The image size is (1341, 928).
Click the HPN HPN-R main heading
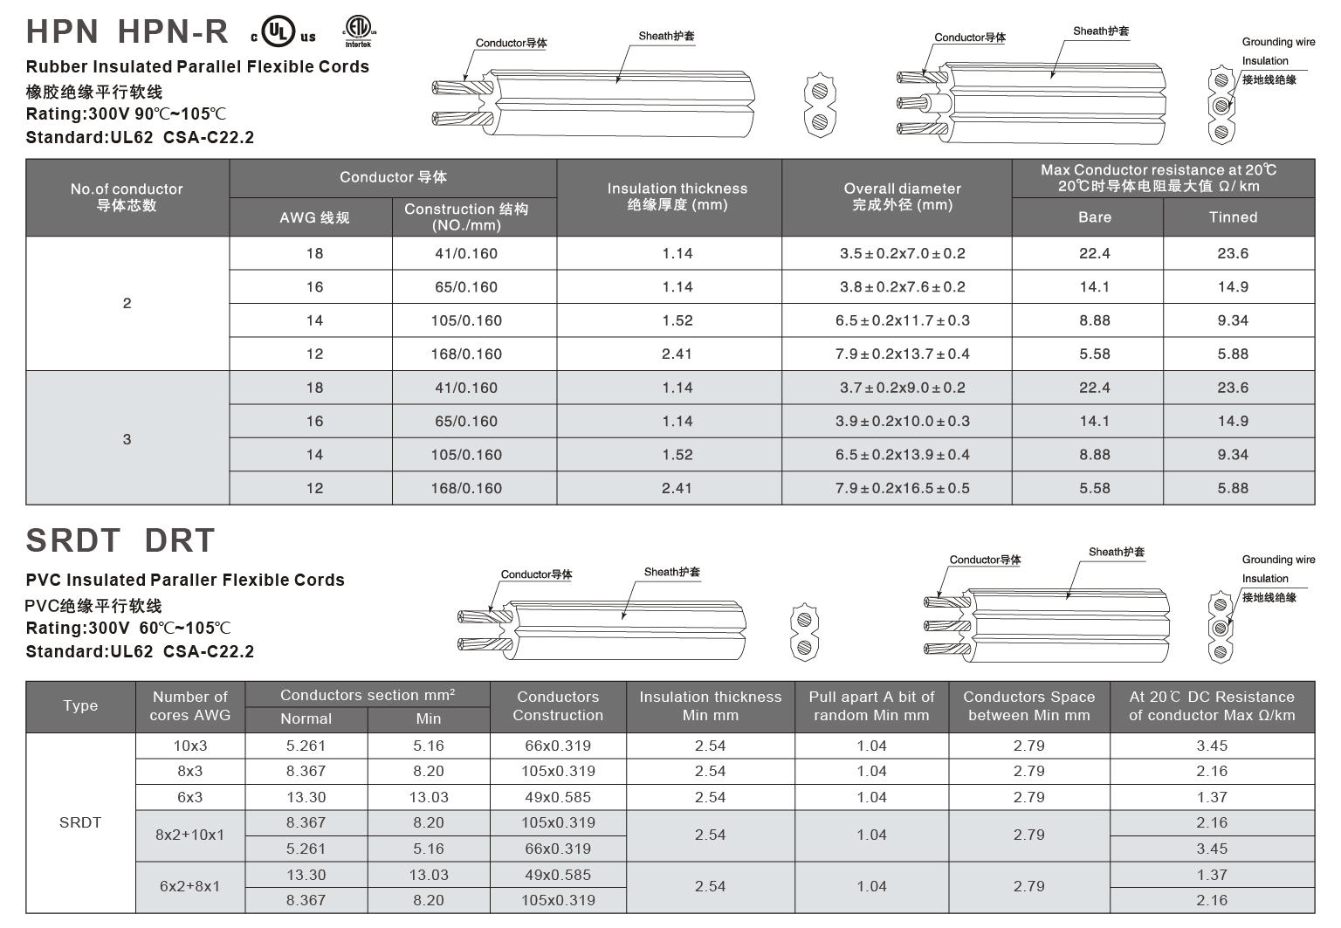tap(127, 31)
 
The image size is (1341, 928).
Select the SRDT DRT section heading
tap(120, 540)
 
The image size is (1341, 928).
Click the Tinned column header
tap(1233, 217)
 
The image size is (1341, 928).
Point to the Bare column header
tap(1094, 217)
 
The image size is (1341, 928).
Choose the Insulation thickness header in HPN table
tap(677, 196)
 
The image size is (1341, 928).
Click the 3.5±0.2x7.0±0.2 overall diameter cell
tap(902, 253)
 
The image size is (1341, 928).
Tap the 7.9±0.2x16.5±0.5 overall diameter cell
tap(902, 488)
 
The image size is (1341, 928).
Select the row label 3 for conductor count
tap(127, 438)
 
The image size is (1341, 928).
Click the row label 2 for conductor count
tap(127, 303)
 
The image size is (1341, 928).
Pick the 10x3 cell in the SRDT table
tap(190, 746)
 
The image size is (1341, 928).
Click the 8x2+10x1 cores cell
tap(190, 835)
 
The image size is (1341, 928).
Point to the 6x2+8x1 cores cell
tap(190, 886)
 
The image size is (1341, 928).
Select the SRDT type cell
tap(80, 822)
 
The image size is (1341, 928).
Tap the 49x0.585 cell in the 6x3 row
tap(558, 797)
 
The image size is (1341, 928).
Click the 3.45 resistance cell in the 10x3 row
tap(1212, 746)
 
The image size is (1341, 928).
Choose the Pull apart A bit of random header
tap(871, 705)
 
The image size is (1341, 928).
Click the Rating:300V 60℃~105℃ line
tap(128, 628)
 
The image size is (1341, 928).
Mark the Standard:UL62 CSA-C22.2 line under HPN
tap(140, 137)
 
